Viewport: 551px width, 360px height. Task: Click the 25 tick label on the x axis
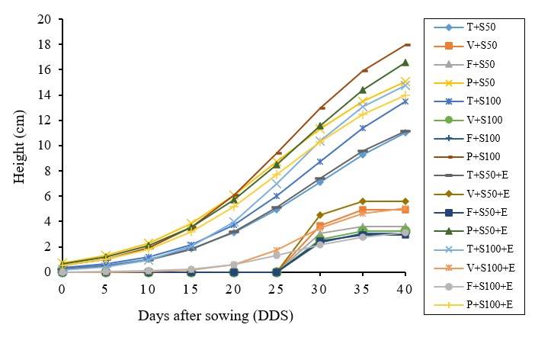[276, 290]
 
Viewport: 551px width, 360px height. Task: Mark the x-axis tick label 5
[104, 290]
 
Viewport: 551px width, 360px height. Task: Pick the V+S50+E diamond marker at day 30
[319, 215]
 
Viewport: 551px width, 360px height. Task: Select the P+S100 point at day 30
[319, 108]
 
